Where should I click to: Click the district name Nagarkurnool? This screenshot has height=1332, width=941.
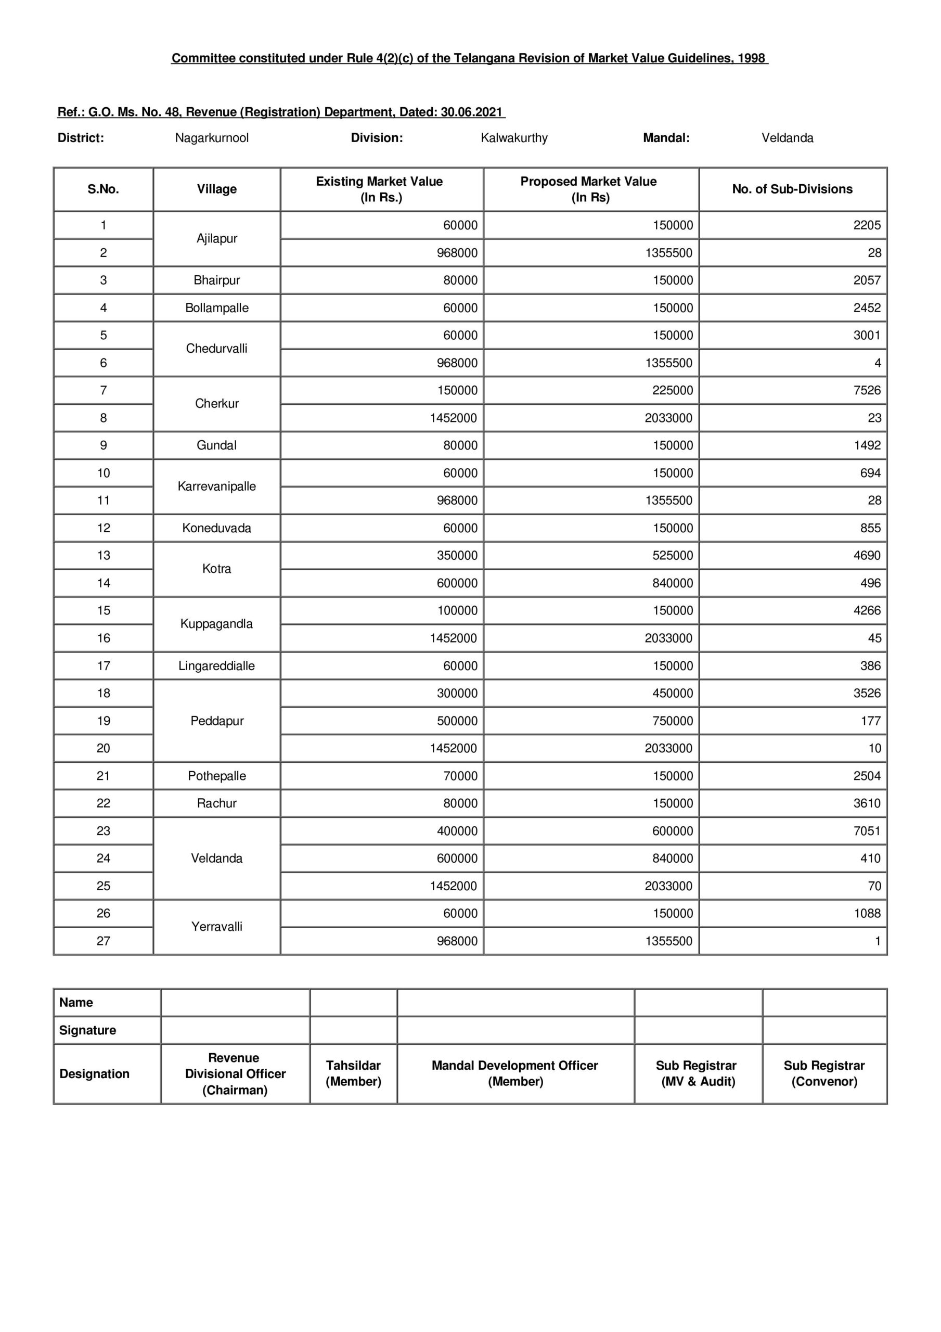212,138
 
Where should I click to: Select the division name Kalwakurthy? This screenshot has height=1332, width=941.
514,138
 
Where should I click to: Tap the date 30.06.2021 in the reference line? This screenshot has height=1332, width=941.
471,112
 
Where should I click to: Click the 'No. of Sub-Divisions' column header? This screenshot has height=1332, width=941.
792,189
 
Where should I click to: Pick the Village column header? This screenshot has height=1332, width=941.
216,189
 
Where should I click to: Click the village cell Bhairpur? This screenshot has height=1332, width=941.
216,280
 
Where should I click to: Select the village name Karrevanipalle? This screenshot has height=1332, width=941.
216,486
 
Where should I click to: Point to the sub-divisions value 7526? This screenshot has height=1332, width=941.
866,390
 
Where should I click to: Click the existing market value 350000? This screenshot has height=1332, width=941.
457,556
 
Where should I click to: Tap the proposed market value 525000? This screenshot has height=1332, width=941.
672,556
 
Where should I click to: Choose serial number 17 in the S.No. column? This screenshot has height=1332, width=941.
104,666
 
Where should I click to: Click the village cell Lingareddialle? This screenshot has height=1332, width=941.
216,666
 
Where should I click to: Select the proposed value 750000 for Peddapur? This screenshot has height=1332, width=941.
672,721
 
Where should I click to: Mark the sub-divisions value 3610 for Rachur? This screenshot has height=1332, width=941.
866,803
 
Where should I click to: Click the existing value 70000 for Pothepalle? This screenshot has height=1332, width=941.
460,776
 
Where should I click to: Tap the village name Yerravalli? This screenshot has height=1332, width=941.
216,927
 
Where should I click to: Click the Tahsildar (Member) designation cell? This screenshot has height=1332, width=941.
353,1073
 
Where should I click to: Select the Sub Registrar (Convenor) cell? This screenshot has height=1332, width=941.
824,1073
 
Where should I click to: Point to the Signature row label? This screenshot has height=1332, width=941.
87,1030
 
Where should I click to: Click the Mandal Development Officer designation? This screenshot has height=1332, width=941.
514,1073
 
